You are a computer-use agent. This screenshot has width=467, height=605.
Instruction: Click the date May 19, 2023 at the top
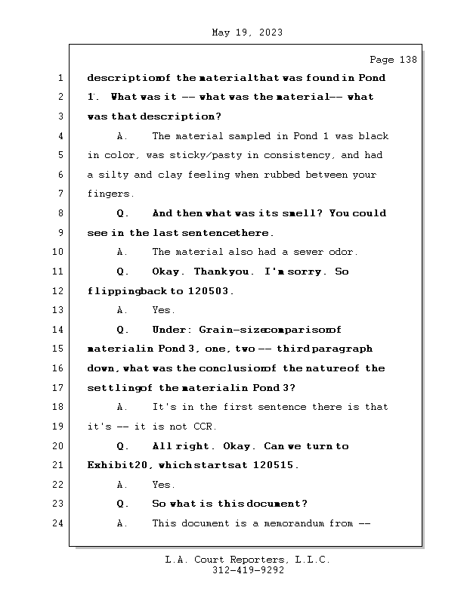point(247,33)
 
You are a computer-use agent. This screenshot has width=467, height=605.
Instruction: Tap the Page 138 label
point(392,60)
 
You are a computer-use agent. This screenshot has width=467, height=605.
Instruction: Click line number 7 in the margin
point(60,194)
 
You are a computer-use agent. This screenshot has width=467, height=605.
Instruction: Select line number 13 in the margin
point(60,310)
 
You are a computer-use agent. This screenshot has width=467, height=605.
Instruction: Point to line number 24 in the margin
point(60,523)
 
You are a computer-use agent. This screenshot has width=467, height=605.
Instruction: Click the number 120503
point(210,291)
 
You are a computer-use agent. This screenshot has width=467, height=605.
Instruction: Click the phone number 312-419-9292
point(248,571)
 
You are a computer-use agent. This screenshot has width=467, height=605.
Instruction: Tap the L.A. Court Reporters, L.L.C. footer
point(248,560)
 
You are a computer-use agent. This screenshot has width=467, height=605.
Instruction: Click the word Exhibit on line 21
point(107,466)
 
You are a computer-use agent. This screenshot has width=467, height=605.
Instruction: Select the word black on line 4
point(373,136)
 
